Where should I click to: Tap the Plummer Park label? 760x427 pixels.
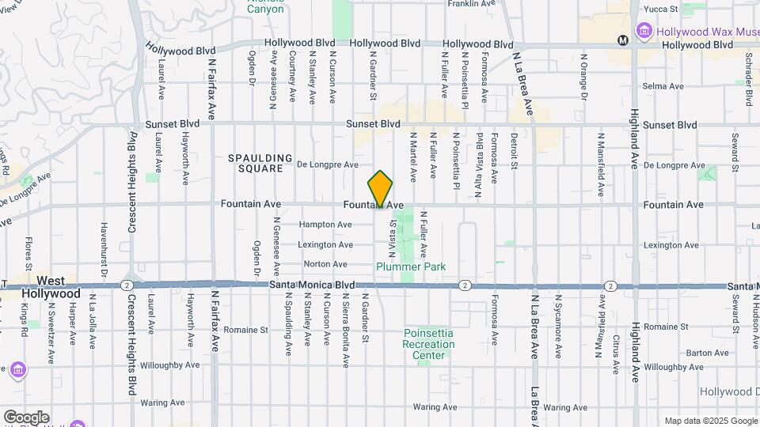click(x=411, y=266)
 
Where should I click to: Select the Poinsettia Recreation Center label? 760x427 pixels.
click(x=429, y=344)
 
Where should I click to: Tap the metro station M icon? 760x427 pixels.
click(x=623, y=40)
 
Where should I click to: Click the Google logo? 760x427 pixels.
click(x=25, y=417)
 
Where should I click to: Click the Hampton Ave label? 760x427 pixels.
click(x=325, y=225)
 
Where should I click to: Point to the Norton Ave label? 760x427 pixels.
click(x=325, y=264)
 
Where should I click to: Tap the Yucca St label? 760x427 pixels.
click(x=663, y=9)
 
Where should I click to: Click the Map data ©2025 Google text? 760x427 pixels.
click(x=710, y=421)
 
